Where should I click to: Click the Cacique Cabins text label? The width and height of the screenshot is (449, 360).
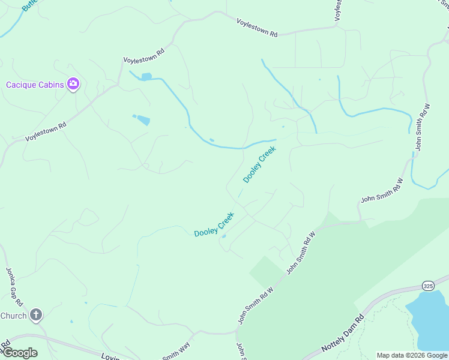[x=35, y=85]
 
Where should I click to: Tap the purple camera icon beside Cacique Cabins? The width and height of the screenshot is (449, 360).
[x=74, y=84]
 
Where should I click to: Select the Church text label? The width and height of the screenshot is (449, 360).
[x=13, y=316]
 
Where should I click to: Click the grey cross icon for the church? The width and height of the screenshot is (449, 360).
[x=36, y=314]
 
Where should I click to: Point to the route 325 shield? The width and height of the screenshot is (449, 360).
[x=427, y=286]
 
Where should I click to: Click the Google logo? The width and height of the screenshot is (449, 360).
[x=20, y=352]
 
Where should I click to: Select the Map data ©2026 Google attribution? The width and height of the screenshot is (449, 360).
[x=412, y=355]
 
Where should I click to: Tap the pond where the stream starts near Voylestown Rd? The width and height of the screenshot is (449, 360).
[x=145, y=77]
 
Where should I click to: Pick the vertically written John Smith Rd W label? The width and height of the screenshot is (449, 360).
[x=422, y=127]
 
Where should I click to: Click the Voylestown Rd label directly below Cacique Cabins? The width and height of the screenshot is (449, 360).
[x=46, y=130]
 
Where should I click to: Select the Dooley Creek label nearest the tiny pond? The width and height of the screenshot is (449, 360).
[x=214, y=225]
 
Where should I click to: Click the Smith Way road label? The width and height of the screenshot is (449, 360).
[x=176, y=352]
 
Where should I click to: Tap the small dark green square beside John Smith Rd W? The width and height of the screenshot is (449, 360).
[x=264, y=271]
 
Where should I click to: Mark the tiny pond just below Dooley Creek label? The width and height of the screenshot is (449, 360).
[x=223, y=236]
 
